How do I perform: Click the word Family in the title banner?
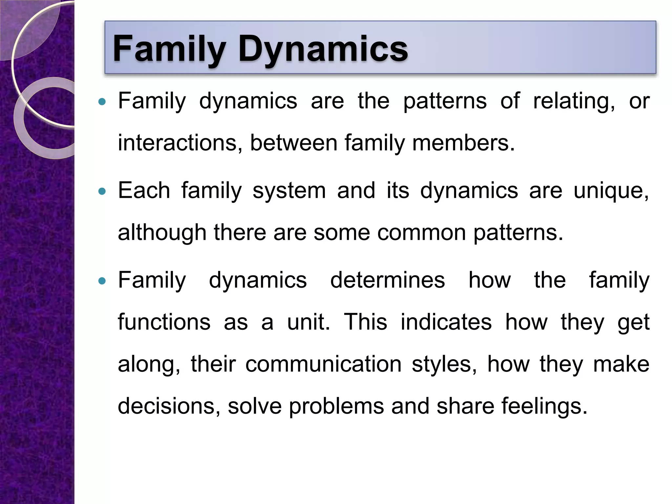[x=169, y=49]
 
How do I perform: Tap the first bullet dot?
[x=102, y=102]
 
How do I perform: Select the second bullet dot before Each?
[x=102, y=191]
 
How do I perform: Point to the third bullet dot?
[x=102, y=281]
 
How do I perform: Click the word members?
[x=463, y=143]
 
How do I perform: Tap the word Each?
[x=144, y=191]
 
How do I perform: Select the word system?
[x=289, y=191]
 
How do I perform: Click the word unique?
[x=611, y=191]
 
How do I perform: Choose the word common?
[x=421, y=233]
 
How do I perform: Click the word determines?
[x=387, y=280]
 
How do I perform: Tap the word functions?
[x=164, y=322]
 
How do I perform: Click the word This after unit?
[x=365, y=322]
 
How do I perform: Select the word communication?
[x=323, y=364]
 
